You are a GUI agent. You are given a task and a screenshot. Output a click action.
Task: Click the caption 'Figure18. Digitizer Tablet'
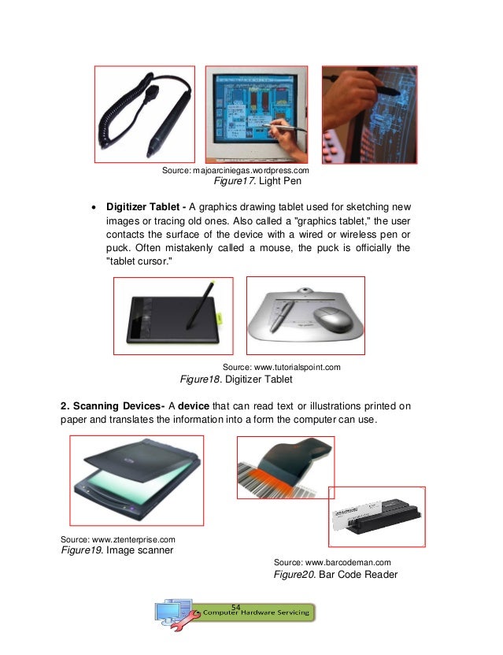click(236, 379)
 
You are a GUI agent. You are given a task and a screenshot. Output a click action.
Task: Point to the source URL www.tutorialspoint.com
click(281, 367)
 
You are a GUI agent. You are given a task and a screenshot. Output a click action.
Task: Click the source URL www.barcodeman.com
click(331, 562)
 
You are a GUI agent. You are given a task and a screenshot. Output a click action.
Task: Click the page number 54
click(237, 605)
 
